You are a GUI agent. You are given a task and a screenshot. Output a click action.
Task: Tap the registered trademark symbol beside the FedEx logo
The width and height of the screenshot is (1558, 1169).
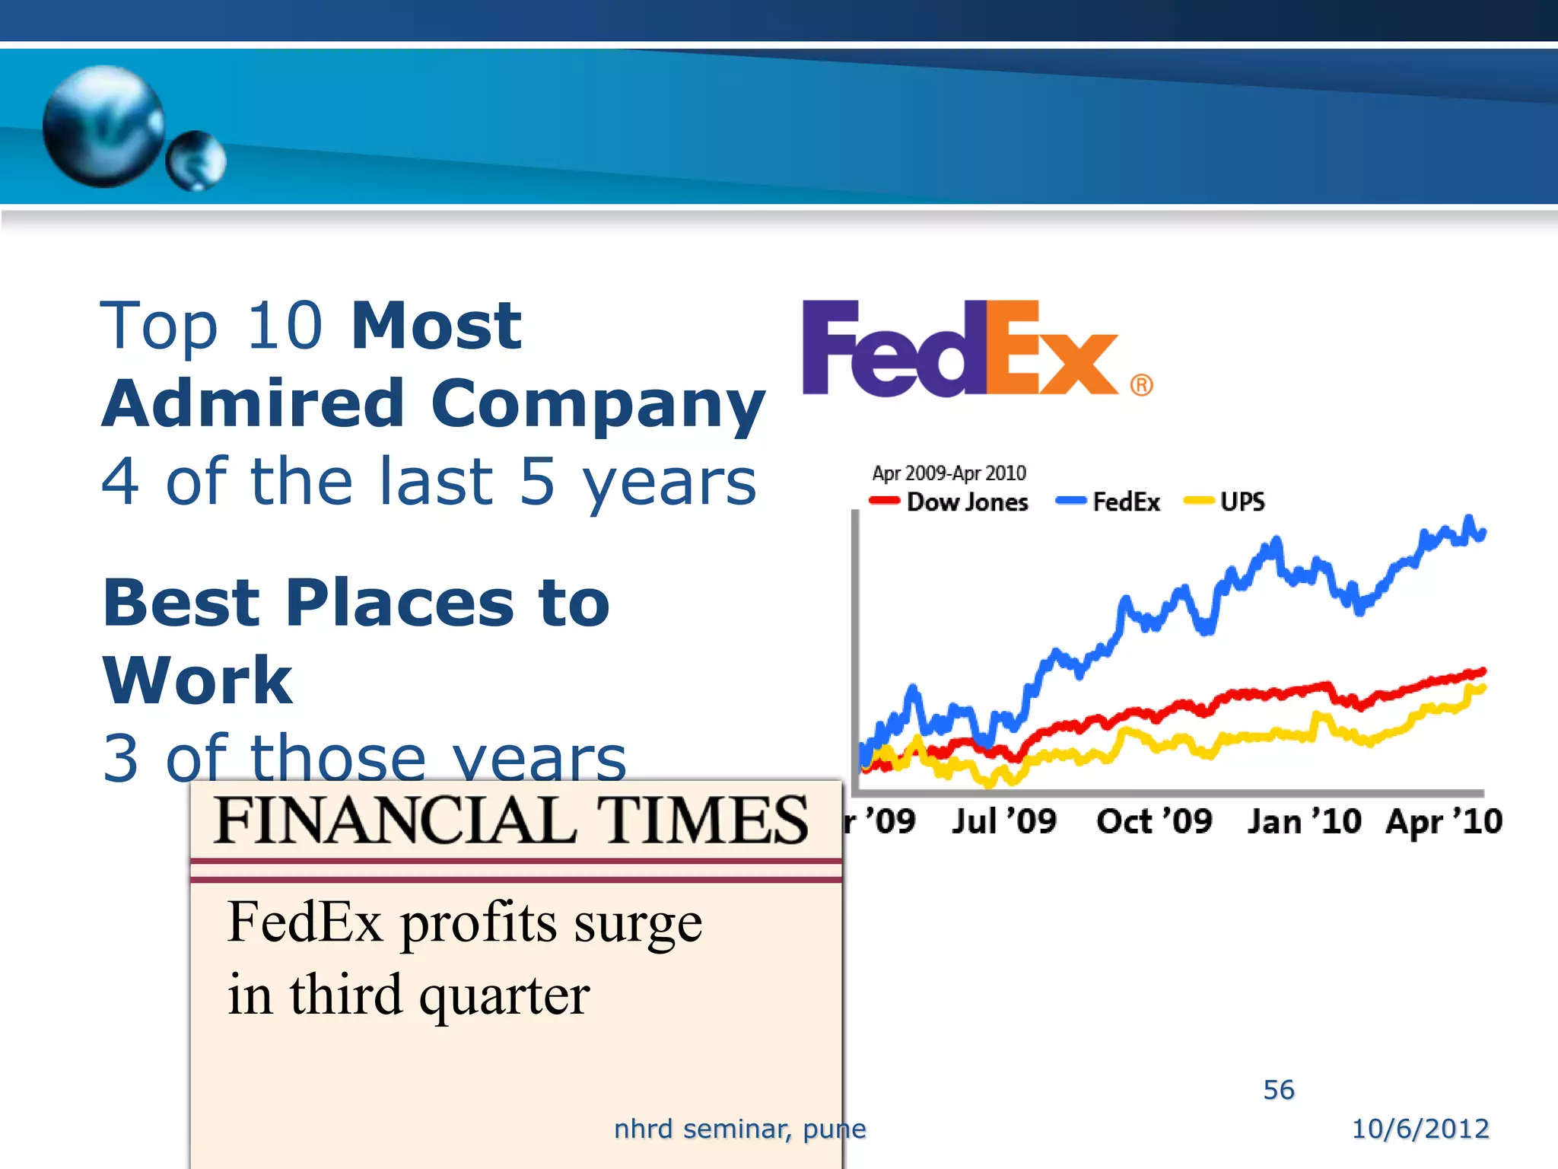[x=1141, y=385]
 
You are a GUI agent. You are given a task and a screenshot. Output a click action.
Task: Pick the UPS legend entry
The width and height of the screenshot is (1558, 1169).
[x=1226, y=502]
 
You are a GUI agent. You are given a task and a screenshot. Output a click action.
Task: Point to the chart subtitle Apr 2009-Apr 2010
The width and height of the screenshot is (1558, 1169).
[x=949, y=473]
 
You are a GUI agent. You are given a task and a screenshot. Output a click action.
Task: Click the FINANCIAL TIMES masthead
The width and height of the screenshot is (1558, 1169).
[x=511, y=820]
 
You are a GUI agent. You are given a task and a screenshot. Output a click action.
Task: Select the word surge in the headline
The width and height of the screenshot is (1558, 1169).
[x=638, y=923]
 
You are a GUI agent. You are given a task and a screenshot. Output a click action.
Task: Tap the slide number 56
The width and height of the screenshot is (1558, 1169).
[x=1279, y=1090]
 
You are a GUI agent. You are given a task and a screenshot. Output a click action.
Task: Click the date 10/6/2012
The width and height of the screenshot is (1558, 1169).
[x=1420, y=1129]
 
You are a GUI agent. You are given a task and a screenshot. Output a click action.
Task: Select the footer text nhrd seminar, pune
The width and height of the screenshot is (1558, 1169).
[x=739, y=1129]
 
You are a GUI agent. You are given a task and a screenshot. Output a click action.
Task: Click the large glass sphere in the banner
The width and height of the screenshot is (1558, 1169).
[x=103, y=126]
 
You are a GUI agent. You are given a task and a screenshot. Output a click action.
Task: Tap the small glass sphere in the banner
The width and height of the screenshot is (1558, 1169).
[x=196, y=161]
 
